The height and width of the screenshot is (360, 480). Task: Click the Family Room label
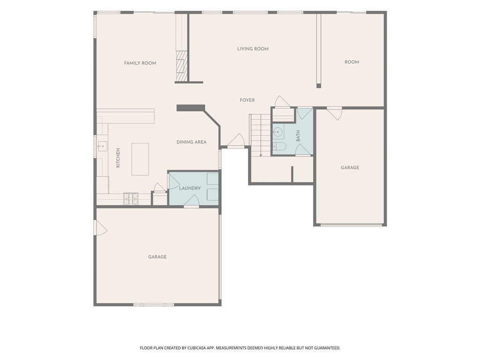[x=140, y=63]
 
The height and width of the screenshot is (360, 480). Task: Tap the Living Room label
[x=253, y=49]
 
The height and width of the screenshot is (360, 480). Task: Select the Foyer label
[x=247, y=100]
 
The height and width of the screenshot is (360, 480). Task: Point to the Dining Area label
[x=191, y=142]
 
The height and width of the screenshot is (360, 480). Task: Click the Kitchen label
[x=118, y=157]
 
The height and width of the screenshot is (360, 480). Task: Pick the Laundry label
[x=190, y=188]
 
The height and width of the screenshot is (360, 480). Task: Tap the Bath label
[x=298, y=135]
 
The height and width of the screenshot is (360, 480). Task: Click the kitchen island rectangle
[x=140, y=159]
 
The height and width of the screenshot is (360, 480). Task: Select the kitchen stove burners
[x=131, y=199]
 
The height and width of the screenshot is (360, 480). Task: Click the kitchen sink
[x=103, y=146]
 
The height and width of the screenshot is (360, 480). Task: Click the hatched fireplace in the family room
[x=181, y=66]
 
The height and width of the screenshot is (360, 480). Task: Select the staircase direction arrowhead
[x=261, y=155]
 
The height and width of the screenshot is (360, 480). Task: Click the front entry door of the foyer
[x=236, y=141]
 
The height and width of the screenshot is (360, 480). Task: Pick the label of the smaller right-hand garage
[x=350, y=167]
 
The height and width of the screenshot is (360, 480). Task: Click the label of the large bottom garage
[x=157, y=257]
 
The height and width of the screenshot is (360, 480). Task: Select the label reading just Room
[x=352, y=62]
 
